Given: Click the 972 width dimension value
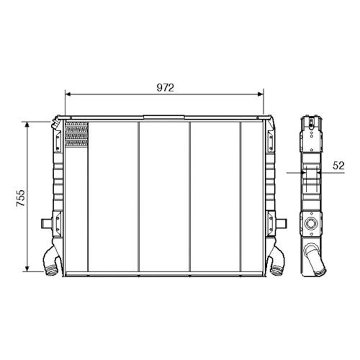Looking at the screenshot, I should [x=165, y=88].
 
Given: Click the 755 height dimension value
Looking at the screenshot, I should [x=21, y=198].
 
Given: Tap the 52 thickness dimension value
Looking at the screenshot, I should [x=338, y=166].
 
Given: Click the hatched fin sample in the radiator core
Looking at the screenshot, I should [x=77, y=134].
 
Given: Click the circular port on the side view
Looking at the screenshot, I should [x=310, y=224].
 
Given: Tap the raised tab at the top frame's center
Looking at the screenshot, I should [x=164, y=117].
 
